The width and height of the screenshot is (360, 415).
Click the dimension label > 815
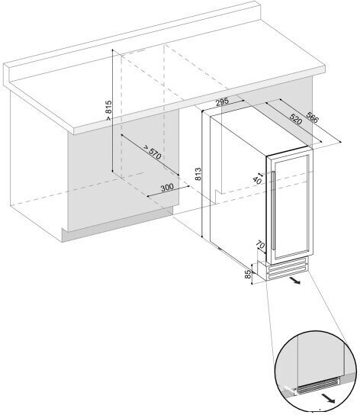point(109,111)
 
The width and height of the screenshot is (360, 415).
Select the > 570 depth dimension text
point(153,152)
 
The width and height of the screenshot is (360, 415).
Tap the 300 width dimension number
point(167,188)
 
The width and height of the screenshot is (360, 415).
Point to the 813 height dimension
point(198,174)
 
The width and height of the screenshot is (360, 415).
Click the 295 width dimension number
point(222,102)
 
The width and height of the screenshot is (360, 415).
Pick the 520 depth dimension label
point(295,119)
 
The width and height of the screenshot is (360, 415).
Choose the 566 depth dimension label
point(313,117)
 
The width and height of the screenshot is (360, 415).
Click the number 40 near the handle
point(257,180)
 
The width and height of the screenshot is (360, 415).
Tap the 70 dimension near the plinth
point(261,245)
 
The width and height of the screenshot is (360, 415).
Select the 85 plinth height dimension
point(248,275)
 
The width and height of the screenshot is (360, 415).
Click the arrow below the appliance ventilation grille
point(294,281)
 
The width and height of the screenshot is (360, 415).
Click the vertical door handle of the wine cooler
point(273,211)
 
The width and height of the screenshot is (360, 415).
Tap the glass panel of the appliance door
point(291,207)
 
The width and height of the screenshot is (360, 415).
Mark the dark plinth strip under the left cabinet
point(117,224)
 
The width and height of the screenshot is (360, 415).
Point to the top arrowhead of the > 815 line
point(113,50)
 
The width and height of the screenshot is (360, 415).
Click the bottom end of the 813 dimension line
point(202,236)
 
